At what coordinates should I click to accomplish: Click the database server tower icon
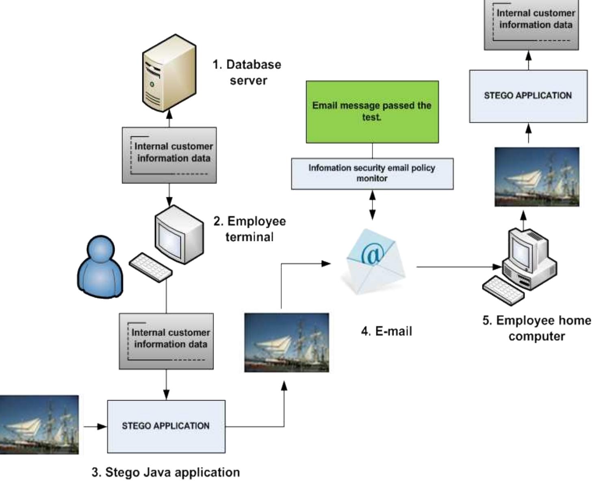[169, 73]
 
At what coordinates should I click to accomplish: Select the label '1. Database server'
[247, 72]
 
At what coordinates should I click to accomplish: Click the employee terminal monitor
[179, 234]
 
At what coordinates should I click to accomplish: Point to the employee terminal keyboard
[150, 267]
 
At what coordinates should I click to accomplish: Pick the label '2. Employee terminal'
[249, 229]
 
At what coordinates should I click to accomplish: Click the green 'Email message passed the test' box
[372, 112]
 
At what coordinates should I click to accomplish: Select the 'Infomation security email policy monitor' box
[372, 173]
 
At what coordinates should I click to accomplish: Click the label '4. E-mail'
[386, 331]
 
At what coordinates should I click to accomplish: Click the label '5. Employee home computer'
[536, 328]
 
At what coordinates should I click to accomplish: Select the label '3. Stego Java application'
[165, 472]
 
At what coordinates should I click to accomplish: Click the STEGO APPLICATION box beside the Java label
[166, 426]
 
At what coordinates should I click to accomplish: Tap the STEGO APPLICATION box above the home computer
[528, 96]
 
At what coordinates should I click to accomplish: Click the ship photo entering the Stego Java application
[39, 424]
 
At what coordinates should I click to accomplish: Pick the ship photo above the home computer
[536, 177]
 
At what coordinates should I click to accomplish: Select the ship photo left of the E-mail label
[286, 342]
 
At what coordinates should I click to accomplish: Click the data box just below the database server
[169, 155]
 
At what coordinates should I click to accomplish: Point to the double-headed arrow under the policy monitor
[372, 205]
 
